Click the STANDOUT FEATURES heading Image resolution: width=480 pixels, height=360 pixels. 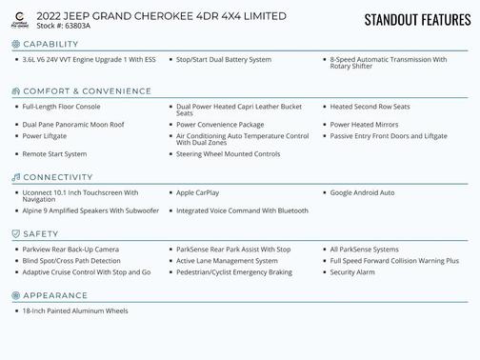pos(416,20)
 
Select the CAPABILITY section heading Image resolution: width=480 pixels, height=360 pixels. pos(57,44)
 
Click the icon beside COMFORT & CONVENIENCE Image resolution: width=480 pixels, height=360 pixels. pos(15,91)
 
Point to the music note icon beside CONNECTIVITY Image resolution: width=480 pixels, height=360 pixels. pos(15,177)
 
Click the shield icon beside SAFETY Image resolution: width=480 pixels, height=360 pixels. pos(15,233)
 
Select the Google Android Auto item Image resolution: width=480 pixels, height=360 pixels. pos(362,192)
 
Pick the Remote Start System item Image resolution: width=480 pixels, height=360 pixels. pos(54,153)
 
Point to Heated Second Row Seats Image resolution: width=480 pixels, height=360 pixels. pos(369,107)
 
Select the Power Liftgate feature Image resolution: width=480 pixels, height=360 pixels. pos(45,136)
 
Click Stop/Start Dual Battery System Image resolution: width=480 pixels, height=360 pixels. pos(224,59)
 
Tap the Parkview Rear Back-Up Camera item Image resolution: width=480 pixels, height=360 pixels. pos(70,249)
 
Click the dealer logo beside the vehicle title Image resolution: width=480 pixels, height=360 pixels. pos(20,19)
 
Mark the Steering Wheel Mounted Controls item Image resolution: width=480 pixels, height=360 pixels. pos(228,153)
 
